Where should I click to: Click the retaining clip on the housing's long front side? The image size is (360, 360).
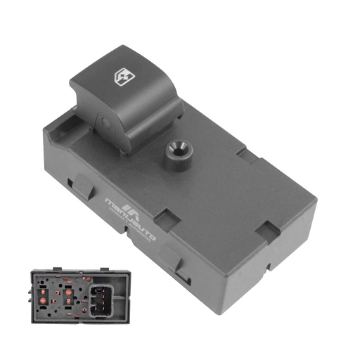(x=179, y=267)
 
